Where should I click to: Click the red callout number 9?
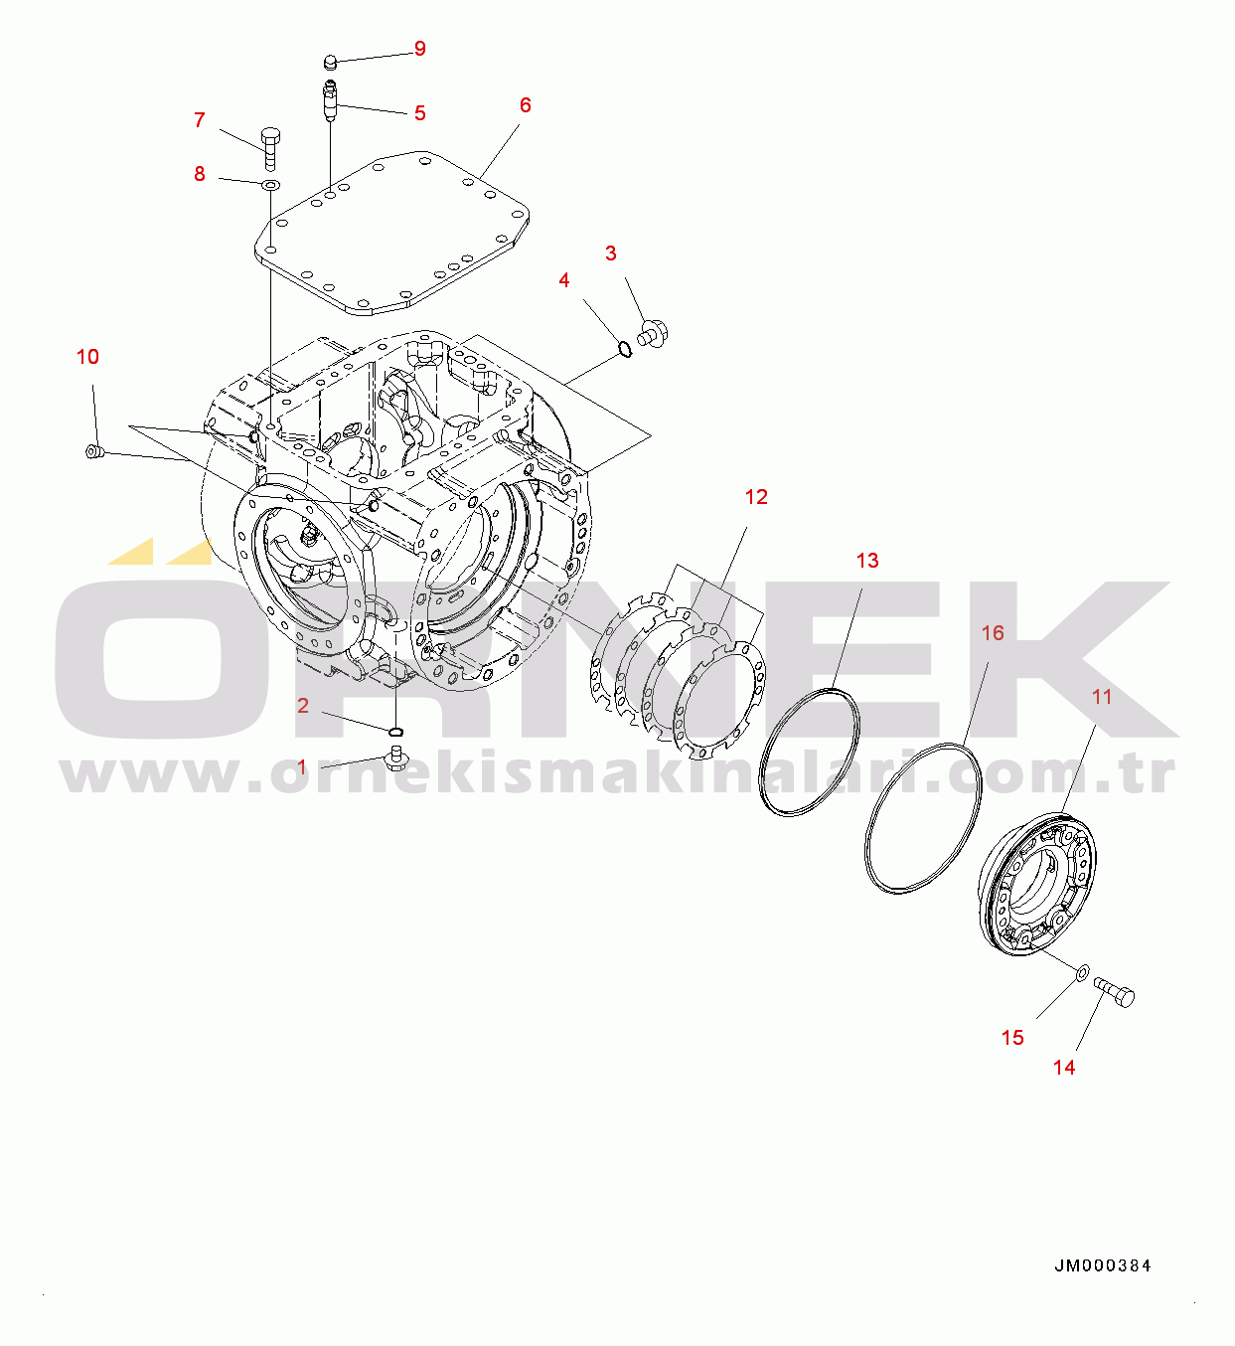(419, 49)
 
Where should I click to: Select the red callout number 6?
(525, 104)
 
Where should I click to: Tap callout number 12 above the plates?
(756, 496)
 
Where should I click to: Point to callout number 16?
(993, 632)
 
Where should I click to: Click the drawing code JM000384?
(1103, 1265)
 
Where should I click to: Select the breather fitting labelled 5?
(330, 98)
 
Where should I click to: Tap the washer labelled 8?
(270, 185)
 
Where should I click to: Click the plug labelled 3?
(654, 333)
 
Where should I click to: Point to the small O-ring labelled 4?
(623, 348)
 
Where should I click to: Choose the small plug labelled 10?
(93, 453)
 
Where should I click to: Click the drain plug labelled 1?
(395, 761)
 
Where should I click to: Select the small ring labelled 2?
(396, 733)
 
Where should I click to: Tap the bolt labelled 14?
(1115, 991)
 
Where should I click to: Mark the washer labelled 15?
(1081, 969)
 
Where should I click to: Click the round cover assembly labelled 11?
(1038, 883)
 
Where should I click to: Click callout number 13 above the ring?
(867, 560)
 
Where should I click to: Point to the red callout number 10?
(87, 356)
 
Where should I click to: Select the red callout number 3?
(610, 252)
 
